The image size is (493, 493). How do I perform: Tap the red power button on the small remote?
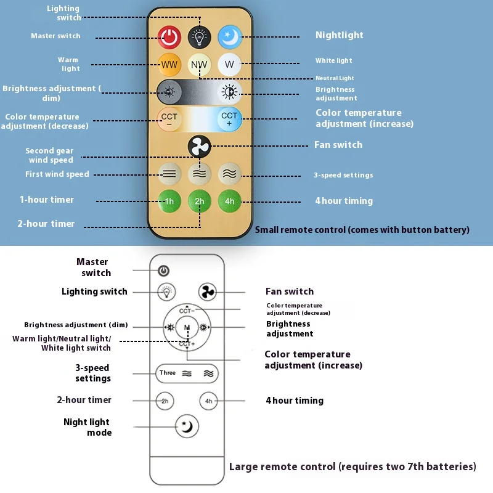(169, 37)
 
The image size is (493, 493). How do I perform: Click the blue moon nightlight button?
(229, 37)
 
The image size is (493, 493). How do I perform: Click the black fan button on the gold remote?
(200, 147)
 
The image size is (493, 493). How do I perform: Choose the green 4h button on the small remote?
(229, 201)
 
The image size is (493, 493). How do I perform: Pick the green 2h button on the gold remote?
(200, 201)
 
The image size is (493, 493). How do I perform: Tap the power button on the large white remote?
(164, 271)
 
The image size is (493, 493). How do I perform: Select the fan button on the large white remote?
(208, 291)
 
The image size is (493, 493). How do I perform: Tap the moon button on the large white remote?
(186, 425)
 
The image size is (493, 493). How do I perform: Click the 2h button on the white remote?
(165, 401)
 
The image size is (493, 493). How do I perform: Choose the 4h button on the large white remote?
(208, 401)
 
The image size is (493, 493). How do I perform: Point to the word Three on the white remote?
(168, 373)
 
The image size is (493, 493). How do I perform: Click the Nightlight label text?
(339, 35)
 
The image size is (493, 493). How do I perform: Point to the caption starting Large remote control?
(352, 467)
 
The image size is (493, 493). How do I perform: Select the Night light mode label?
(86, 427)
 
